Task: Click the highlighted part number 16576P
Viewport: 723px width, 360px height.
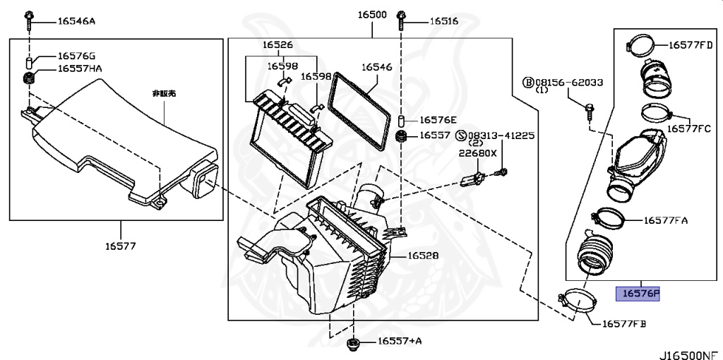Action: (x=638, y=293)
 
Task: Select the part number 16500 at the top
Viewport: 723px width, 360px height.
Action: (x=372, y=15)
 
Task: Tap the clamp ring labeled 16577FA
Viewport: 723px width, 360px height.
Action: (x=609, y=217)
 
